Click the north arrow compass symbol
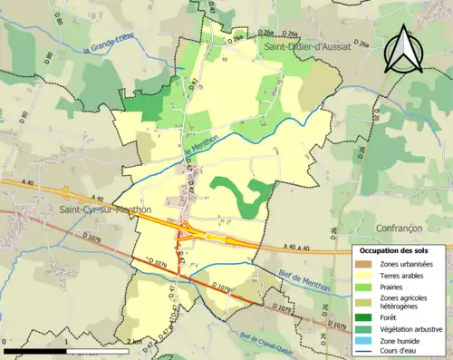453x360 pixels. (x=404, y=49)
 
